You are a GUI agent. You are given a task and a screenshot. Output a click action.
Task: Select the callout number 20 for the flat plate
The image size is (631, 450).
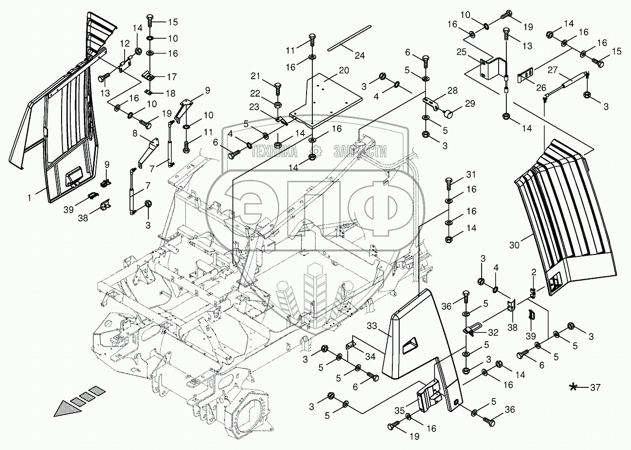click(344, 70)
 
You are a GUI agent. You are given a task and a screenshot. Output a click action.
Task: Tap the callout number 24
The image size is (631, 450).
click(359, 55)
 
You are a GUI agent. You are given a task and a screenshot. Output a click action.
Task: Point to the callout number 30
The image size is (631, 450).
click(514, 245)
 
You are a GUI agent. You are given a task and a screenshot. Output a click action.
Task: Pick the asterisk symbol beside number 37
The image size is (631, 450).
click(574, 387)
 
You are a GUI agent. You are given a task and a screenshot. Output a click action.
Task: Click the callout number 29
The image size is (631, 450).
click(470, 103)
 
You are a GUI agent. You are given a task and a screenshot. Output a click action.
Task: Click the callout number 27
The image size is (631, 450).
click(553, 69)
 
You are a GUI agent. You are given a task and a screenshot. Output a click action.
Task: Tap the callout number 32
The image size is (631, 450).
click(493, 333)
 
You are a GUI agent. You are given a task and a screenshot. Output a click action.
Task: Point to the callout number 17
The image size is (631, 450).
click(173, 76)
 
